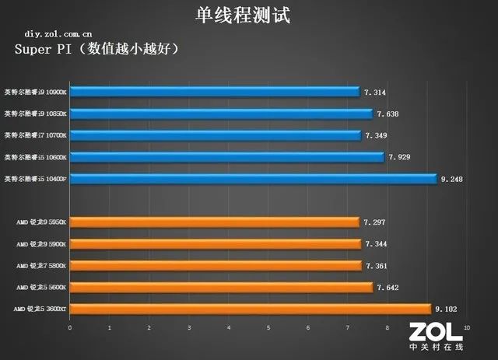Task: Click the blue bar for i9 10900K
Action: pos(215,93)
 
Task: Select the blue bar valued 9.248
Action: pos(254,179)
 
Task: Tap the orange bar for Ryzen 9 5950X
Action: pos(215,222)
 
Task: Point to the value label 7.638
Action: pos(388,114)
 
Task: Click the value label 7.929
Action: pos(398,157)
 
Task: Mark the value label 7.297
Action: pos(374,222)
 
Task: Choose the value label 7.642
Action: pos(388,287)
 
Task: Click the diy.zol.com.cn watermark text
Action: pos(58,34)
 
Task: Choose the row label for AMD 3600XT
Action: pos(40,309)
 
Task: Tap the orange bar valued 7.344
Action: pos(216,244)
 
